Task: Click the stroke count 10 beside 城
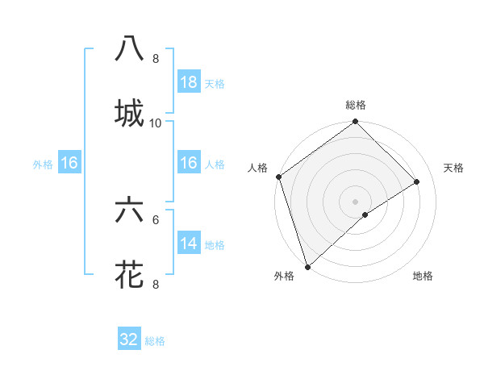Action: tap(156, 123)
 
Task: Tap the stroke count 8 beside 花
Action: tap(156, 284)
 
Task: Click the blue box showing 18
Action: tap(189, 82)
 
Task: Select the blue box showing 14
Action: tap(189, 244)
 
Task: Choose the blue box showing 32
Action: tap(129, 339)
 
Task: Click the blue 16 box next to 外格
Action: tap(69, 163)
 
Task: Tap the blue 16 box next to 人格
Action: tap(189, 163)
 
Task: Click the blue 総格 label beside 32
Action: tap(155, 341)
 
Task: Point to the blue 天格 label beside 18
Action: tap(215, 84)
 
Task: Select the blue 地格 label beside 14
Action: tap(215, 245)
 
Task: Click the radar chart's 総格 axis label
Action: tap(356, 105)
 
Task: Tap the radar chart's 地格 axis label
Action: tap(423, 276)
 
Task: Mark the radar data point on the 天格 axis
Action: tap(417, 181)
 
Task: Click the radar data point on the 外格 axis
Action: tap(307, 266)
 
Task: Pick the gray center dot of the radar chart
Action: tap(355, 201)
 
